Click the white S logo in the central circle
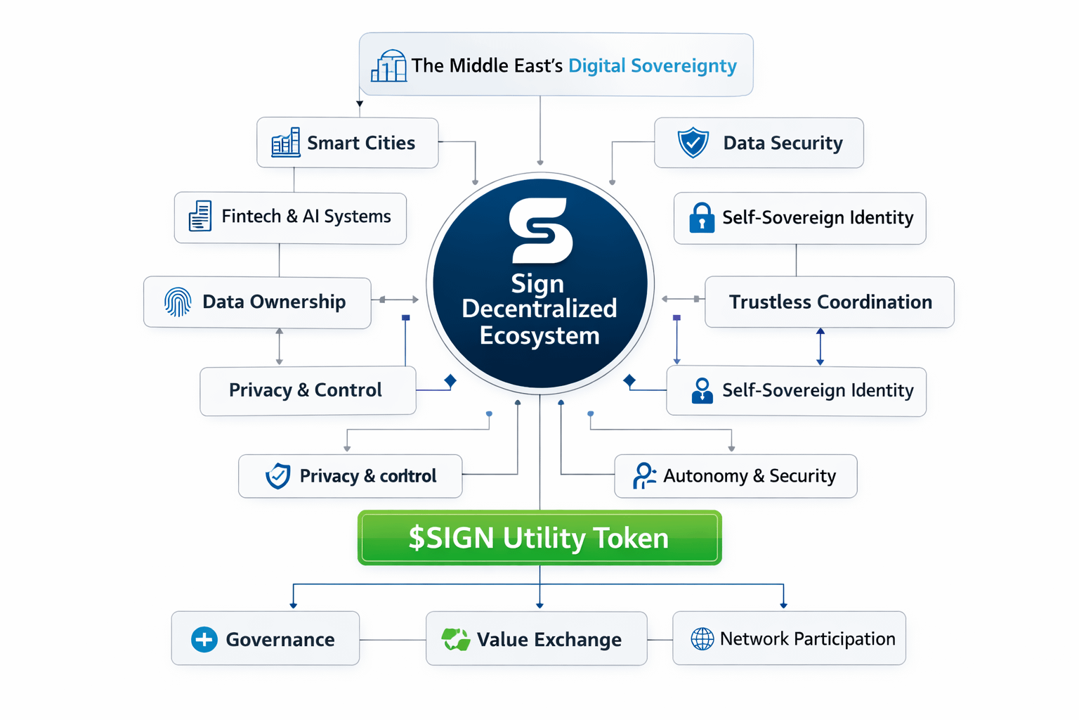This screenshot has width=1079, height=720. (x=540, y=231)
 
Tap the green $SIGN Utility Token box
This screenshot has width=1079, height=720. (x=539, y=538)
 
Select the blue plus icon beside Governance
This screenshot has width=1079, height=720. (x=204, y=639)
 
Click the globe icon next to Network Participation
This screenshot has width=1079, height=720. (x=702, y=639)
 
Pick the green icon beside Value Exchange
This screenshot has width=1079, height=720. (x=455, y=639)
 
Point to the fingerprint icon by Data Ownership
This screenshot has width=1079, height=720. (x=178, y=302)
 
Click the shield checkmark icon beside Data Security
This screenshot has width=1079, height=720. (x=693, y=143)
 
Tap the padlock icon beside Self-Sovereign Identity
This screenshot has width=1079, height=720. (x=702, y=218)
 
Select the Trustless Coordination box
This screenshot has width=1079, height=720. (x=830, y=302)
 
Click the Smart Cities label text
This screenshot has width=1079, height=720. (x=361, y=143)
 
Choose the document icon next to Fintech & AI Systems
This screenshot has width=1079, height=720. (x=200, y=217)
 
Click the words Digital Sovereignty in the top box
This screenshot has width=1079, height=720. (x=652, y=65)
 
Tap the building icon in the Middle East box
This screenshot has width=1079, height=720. (x=388, y=66)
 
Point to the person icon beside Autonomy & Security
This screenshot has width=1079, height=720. (x=643, y=476)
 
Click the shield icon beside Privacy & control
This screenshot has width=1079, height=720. (x=278, y=476)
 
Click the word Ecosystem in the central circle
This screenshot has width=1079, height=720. (x=539, y=335)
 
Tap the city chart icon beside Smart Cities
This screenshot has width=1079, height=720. (x=286, y=143)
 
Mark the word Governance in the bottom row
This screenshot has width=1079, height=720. (x=280, y=639)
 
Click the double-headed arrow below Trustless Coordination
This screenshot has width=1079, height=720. (x=820, y=347)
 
